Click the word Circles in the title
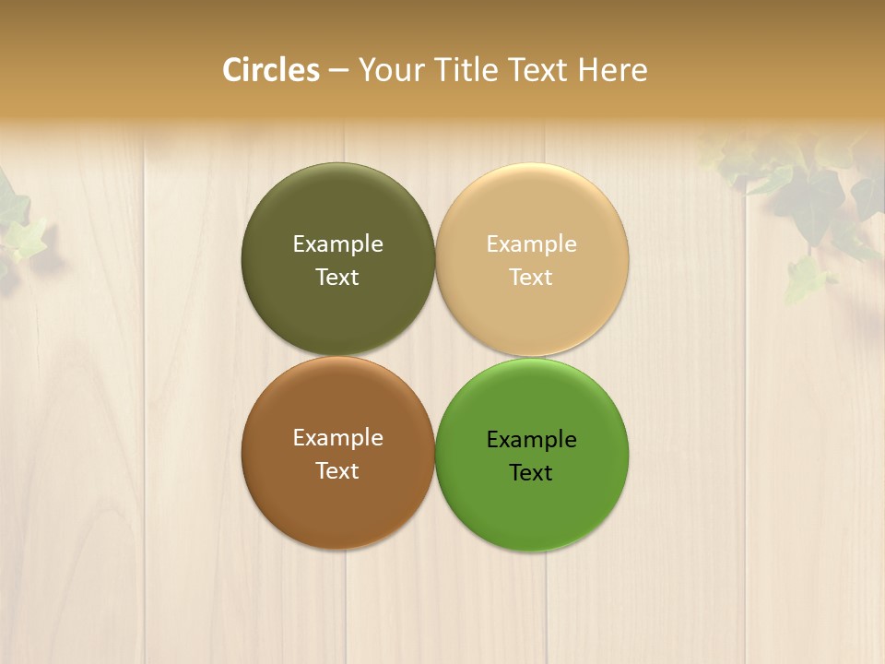point(270,70)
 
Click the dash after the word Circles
point(338,71)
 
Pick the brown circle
point(337,507)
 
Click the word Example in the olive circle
point(337,244)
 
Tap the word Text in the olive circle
point(337,278)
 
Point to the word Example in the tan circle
point(531,244)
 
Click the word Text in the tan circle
point(531,278)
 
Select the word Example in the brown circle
point(337,438)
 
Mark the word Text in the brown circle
point(337,471)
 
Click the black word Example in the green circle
point(531,440)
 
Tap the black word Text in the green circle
point(531,473)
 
